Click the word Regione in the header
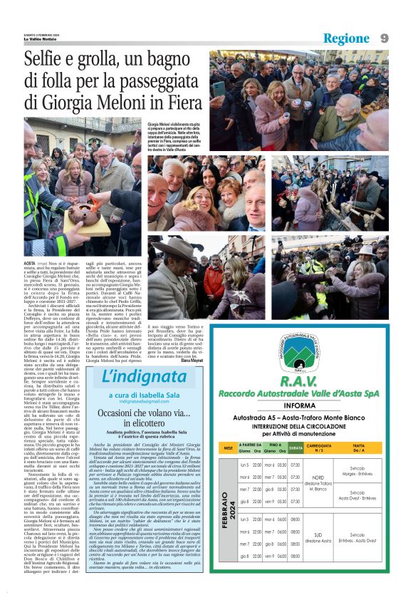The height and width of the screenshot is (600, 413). (346, 38)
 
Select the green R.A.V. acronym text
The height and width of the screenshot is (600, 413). (298, 381)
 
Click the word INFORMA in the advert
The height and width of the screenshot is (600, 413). (298, 405)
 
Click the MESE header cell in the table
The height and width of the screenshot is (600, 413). (228, 448)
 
